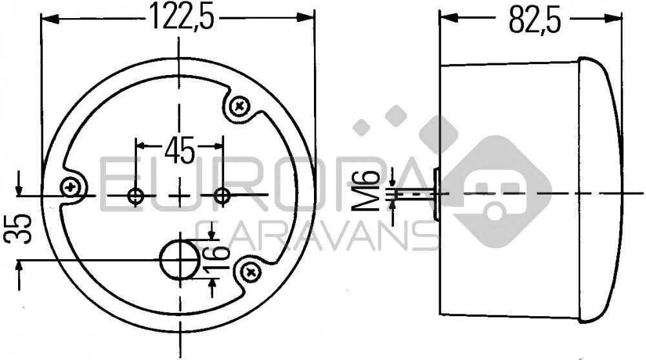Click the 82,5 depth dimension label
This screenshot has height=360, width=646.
click(x=534, y=19)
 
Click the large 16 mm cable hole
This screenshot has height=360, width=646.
click(x=180, y=260)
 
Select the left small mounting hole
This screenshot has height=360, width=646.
click(x=136, y=195)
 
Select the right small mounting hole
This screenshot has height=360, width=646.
click(x=222, y=195)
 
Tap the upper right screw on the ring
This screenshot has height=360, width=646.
click(x=240, y=105)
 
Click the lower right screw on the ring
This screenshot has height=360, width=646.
click(x=251, y=273)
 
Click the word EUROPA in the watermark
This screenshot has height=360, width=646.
click(x=258, y=187)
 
